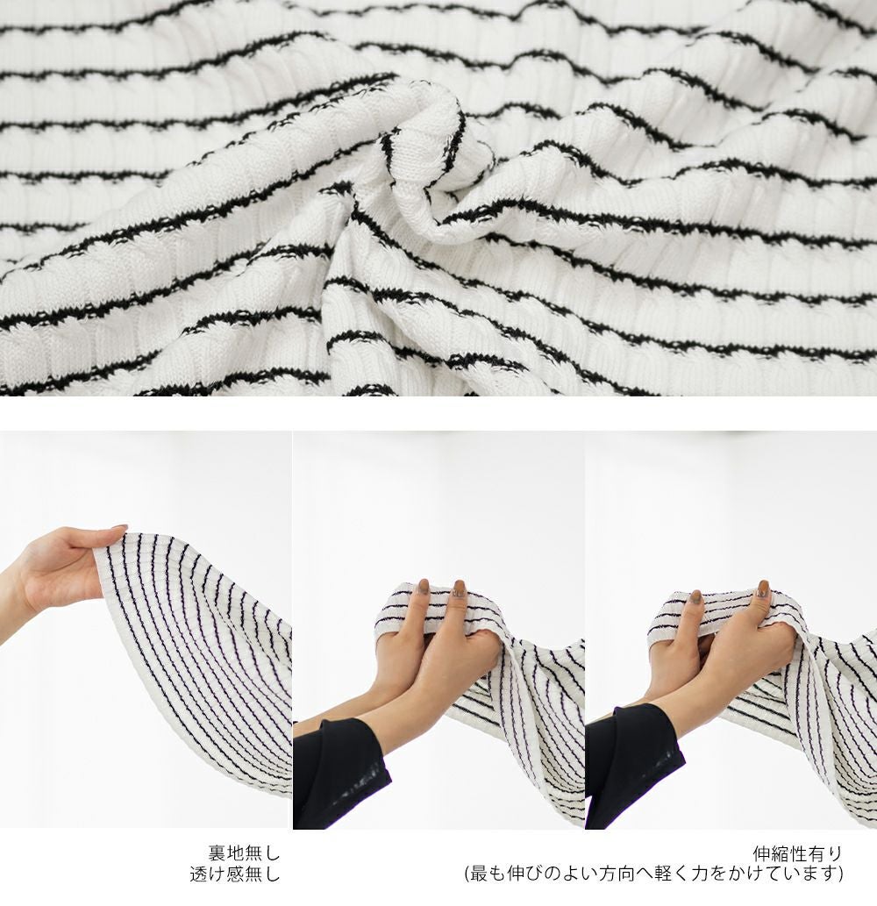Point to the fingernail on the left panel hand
pos(119,527)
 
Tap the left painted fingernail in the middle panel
pos(424,586)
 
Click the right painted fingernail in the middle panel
pos(460,589)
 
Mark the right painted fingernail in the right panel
pos(764,589)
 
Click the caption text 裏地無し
pos(244,852)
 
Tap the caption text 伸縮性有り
pos(798,852)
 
